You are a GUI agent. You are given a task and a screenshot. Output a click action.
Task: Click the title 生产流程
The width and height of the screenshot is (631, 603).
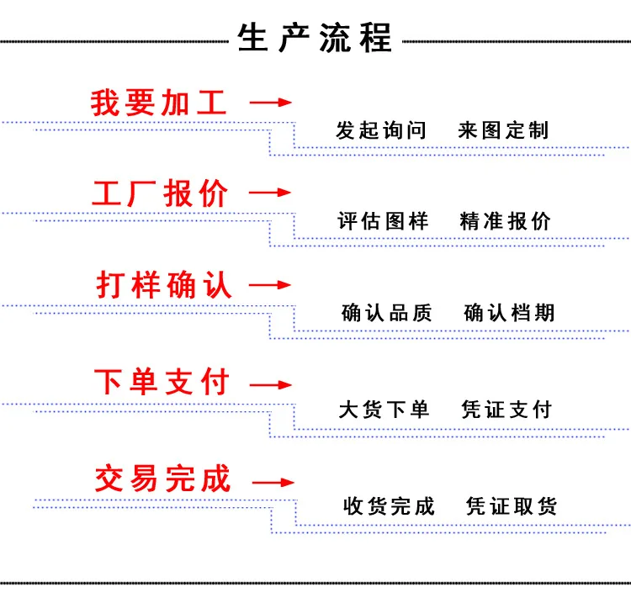pyautogui.click(x=315, y=38)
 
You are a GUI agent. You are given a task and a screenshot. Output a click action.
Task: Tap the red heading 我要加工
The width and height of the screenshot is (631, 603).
pyautogui.click(x=158, y=103)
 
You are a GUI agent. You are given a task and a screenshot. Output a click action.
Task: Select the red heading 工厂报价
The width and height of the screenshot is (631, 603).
pyautogui.click(x=160, y=193)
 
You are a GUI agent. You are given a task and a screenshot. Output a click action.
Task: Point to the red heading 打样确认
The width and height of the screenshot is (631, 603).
pyautogui.click(x=164, y=285)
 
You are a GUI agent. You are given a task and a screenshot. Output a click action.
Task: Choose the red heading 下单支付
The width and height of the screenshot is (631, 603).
pyautogui.click(x=162, y=381)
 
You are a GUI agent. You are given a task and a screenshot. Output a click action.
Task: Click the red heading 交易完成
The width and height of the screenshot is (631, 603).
pyautogui.click(x=162, y=479)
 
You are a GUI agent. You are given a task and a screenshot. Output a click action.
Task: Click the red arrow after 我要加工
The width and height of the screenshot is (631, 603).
pyautogui.click(x=270, y=103)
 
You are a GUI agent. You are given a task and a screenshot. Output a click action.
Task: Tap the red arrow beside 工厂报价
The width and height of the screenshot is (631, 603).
pyautogui.click(x=270, y=193)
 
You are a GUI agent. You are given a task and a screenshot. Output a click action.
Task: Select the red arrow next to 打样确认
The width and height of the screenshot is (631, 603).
pyautogui.click(x=270, y=285)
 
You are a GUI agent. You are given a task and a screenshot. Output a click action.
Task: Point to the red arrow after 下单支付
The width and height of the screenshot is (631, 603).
pyautogui.click(x=270, y=385)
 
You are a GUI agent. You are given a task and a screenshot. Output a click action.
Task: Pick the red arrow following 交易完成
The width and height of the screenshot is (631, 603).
pyautogui.click(x=273, y=483)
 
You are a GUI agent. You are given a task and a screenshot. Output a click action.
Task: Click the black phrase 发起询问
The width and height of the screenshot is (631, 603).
pyautogui.click(x=380, y=130)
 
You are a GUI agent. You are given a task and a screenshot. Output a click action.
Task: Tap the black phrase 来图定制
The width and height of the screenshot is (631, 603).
pyautogui.click(x=503, y=130)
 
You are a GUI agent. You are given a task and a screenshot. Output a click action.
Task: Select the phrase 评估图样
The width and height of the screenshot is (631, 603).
pyautogui.click(x=383, y=221)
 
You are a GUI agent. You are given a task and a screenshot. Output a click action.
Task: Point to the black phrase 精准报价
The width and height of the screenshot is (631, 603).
pyautogui.click(x=505, y=221)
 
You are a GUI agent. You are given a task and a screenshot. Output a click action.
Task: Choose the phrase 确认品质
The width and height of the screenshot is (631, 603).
pyautogui.click(x=386, y=313)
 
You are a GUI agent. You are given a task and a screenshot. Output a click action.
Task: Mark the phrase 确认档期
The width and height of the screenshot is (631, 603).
pyautogui.click(x=509, y=313)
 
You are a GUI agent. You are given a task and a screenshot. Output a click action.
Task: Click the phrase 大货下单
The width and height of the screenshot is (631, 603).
pyautogui.click(x=384, y=410)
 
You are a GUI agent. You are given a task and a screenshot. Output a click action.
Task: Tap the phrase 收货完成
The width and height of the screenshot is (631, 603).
pyautogui.click(x=389, y=506)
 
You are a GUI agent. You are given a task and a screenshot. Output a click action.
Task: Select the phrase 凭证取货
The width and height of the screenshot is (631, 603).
pyautogui.click(x=512, y=506)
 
